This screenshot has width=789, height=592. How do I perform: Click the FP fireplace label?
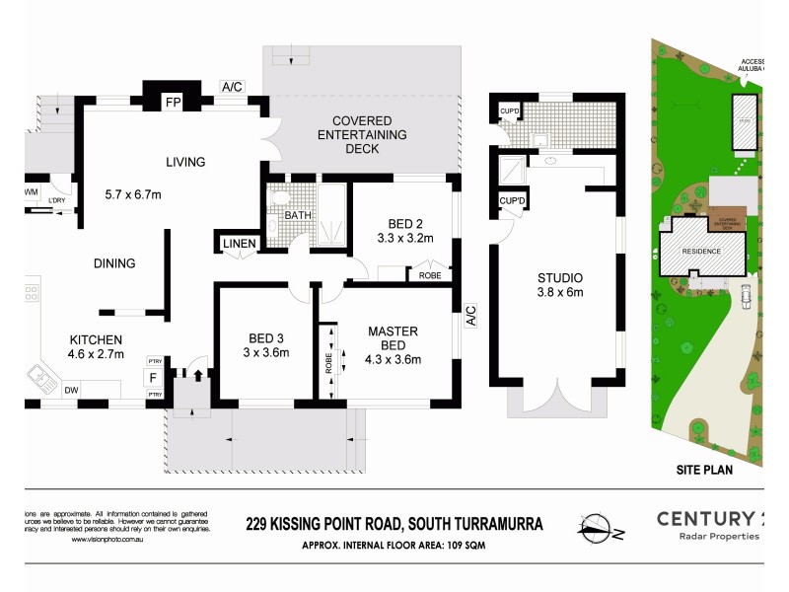tap(172, 103)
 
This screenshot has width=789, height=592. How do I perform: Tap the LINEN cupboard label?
tap(240, 244)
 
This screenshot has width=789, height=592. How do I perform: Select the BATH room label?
tap(298, 215)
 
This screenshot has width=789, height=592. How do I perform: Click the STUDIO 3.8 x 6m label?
tap(559, 284)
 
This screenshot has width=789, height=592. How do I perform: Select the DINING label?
tap(114, 263)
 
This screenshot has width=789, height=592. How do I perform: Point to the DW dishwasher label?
tap(70, 391)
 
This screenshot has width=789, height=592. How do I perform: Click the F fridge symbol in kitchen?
tap(153, 377)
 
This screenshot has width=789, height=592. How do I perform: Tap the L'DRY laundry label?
tap(57, 201)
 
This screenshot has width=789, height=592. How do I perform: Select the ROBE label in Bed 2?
tap(430, 276)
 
